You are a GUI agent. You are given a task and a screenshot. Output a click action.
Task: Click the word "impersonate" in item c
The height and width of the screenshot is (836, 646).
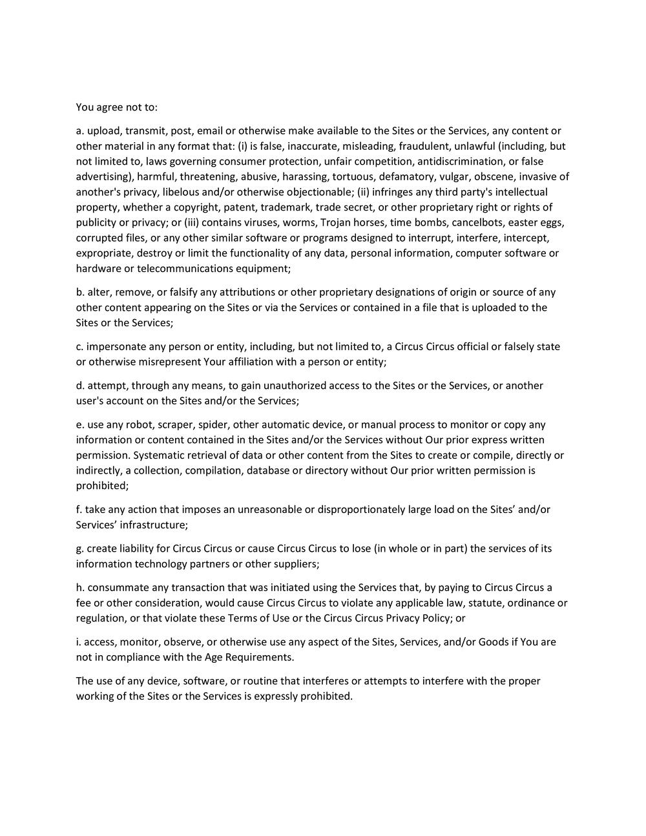coord(114,347)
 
